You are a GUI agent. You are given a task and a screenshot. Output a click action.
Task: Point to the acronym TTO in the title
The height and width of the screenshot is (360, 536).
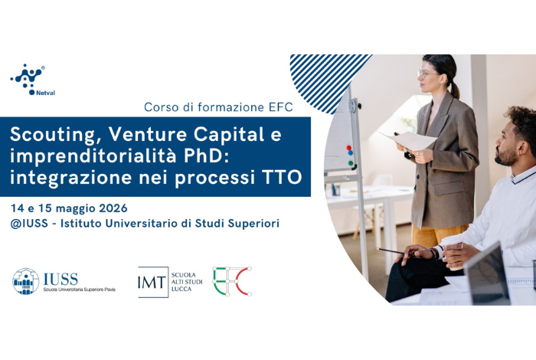[283, 178]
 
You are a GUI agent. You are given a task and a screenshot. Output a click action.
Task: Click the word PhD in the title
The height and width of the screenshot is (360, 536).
[216, 156]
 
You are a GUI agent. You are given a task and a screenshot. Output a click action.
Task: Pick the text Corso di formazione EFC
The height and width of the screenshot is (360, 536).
[217, 106]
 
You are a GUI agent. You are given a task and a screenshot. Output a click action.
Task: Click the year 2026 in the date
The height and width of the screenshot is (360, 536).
[112, 208]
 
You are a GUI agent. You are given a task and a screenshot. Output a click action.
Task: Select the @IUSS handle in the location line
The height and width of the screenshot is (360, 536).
[30, 224]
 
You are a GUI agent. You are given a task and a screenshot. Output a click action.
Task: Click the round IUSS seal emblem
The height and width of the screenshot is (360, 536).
[25, 281]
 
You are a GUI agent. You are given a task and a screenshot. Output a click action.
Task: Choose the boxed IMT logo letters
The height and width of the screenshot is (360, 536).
[152, 282]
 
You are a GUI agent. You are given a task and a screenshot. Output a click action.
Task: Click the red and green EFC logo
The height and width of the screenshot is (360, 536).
[231, 281]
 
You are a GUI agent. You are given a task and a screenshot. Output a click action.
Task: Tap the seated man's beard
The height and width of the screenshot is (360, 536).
[506, 157]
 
